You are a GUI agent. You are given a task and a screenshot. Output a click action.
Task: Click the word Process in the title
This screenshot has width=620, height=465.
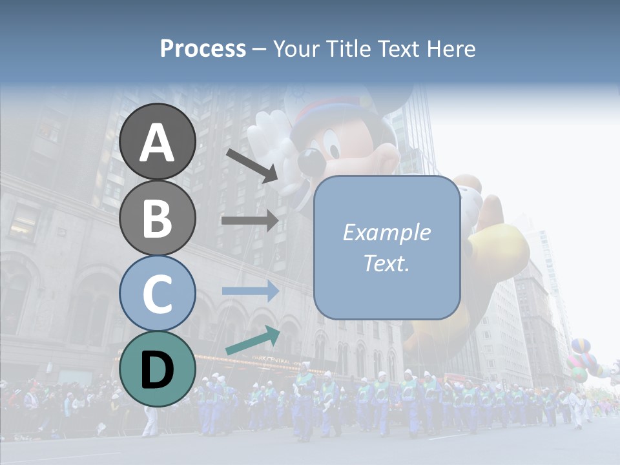tap(203, 48)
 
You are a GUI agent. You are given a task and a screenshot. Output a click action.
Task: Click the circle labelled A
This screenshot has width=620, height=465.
tap(158, 141)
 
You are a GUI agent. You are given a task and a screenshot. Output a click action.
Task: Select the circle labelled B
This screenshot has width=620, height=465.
tap(158, 218)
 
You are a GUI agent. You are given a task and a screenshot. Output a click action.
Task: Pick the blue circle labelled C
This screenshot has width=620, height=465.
tap(158, 293)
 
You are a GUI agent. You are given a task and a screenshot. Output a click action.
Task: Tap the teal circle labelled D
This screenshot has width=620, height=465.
tap(158, 369)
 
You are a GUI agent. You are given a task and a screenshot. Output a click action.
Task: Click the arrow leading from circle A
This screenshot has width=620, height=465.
tap(252, 165)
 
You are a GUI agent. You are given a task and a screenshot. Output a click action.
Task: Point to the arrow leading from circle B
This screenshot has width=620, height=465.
tap(250, 220)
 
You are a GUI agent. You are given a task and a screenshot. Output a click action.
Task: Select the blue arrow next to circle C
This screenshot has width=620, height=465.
tap(250, 291)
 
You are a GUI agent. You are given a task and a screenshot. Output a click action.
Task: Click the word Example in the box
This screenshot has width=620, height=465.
tap(386, 232)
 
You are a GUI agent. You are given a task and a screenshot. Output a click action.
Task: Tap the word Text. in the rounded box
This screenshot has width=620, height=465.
tap(386, 263)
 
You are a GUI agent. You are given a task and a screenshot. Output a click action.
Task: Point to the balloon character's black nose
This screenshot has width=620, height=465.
tap(309, 159)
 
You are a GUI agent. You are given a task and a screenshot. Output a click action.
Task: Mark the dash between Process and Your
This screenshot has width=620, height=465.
tap(259, 49)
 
